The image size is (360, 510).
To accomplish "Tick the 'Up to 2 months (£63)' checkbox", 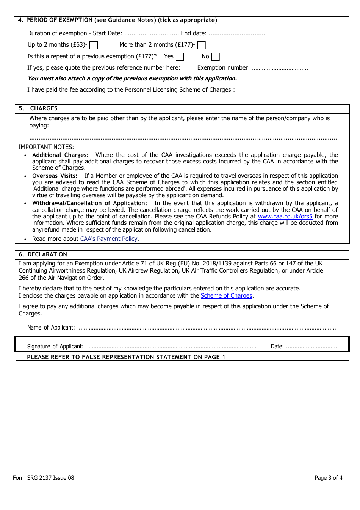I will [x=94, y=45].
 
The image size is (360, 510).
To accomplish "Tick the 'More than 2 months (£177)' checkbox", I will [x=202, y=45].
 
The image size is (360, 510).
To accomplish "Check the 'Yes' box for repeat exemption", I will [x=180, y=56].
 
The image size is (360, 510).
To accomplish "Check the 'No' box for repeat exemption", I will [x=215, y=56].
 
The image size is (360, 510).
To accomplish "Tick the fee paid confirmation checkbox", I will [x=242, y=90].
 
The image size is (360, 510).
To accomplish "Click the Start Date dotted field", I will [x=151, y=34].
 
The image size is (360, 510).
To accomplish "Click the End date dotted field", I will [x=236, y=34].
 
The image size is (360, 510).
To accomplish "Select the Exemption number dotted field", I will [x=280, y=68].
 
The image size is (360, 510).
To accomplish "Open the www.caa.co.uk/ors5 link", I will [x=285, y=217].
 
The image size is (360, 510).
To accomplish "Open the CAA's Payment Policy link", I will [x=109, y=239].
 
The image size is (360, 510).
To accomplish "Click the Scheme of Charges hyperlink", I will [x=226, y=296].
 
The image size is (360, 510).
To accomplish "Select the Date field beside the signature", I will [x=312, y=347].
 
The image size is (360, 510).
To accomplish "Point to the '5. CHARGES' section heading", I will [x=38, y=108].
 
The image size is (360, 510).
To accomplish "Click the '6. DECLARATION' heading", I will [x=43, y=254].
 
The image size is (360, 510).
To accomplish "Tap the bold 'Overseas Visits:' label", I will [x=55, y=176].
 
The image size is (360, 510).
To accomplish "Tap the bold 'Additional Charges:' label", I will [x=60, y=155].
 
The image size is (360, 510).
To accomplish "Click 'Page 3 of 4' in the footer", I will [x=328, y=478].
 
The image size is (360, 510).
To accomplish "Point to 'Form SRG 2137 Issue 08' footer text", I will [x=44, y=478].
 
